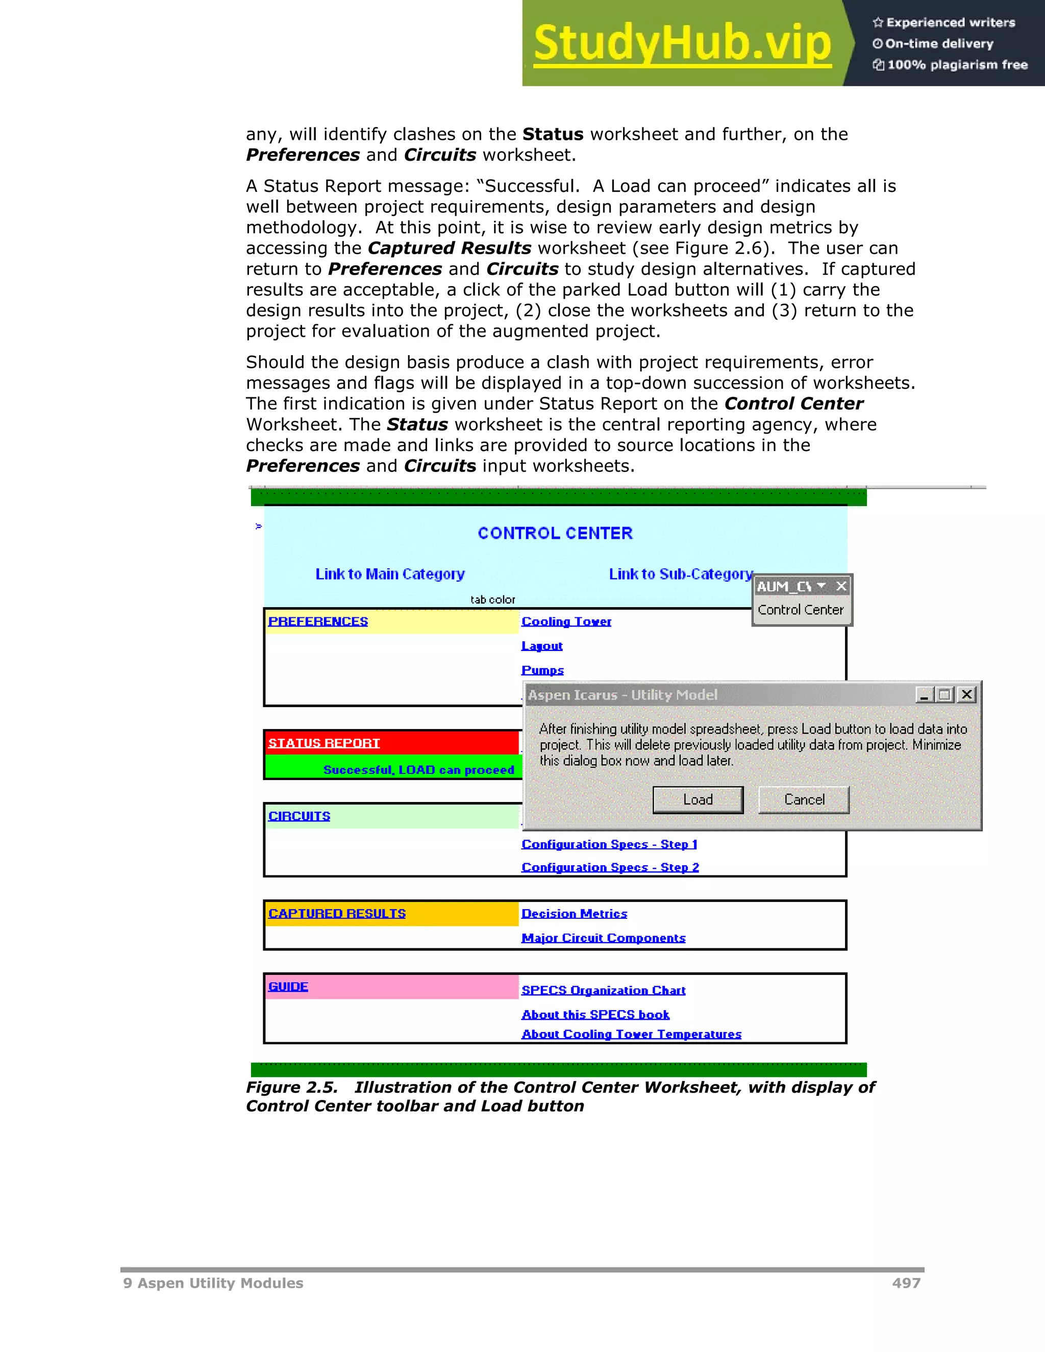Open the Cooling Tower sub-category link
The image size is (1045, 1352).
(x=566, y=621)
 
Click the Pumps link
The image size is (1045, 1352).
(x=542, y=670)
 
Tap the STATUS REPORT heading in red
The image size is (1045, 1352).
(x=324, y=743)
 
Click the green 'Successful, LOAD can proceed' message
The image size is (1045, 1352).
(x=418, y=769)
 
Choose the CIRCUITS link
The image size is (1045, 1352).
(x=299, y=816)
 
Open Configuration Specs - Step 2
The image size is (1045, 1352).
(x=610, y=867)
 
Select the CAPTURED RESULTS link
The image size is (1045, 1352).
(x=337, y=914)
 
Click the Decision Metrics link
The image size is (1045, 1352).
(x=574, y=914)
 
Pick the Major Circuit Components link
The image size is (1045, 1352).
(x=603, y=938)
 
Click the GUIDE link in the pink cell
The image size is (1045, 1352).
(x=288, y=987)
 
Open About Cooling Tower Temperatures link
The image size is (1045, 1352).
(x=631, y=1035)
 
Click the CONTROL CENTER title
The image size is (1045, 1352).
(x=555, y=533)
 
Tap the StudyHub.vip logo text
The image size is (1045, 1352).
(x=682, y=43)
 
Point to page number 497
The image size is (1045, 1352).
(x=906, y=1283)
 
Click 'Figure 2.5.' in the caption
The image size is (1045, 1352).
(x=291, y=1088)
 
